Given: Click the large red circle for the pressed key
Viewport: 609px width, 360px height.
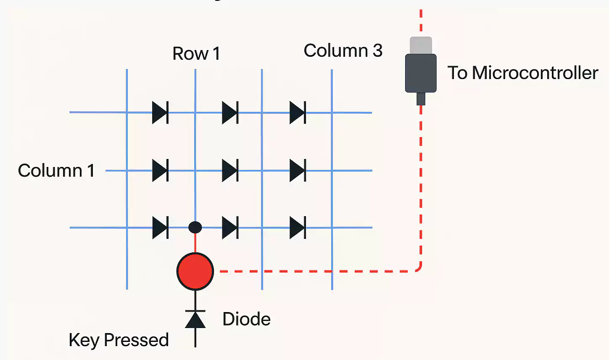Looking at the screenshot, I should click(x=195, y=271).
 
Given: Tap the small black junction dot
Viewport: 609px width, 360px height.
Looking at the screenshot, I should click(x=195, y=228).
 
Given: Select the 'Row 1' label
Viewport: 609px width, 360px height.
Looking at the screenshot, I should click(x=196, y=53).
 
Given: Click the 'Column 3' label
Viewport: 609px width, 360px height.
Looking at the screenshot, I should click(x=343, y=50).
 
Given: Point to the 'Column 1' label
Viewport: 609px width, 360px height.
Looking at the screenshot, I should click(x=56, y=170).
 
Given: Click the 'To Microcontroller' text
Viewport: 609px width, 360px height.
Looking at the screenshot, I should click(x=522, y=73).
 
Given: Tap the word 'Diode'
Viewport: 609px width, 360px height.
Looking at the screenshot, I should click(x=246, y=319).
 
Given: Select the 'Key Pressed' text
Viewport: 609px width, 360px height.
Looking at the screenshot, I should click(x=119, y=340).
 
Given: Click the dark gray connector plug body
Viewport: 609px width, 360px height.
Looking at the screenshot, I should click(x=421, y=73).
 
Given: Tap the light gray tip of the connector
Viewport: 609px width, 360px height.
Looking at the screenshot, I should click(x=421, y=45).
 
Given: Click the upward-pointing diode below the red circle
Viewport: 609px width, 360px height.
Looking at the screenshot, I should click(x=195, y=319).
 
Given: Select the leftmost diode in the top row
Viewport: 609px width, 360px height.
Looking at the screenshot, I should click(x=160, y=113).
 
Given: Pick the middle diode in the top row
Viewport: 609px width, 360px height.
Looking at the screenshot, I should click(x=230, y=113).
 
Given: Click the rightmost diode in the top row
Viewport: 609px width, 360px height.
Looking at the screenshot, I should click(x=298, y=113).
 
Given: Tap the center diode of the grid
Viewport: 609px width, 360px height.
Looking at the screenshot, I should click(x=230, y=170).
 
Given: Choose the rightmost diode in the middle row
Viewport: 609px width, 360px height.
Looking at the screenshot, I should click(x=298, y=170).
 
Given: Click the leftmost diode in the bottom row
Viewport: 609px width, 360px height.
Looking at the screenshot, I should click(x=160, y=228).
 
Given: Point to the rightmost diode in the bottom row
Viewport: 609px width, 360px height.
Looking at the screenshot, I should click(x=298, y=228).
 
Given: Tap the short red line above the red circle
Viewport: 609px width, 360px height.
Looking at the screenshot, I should click(x=195, y=243).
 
